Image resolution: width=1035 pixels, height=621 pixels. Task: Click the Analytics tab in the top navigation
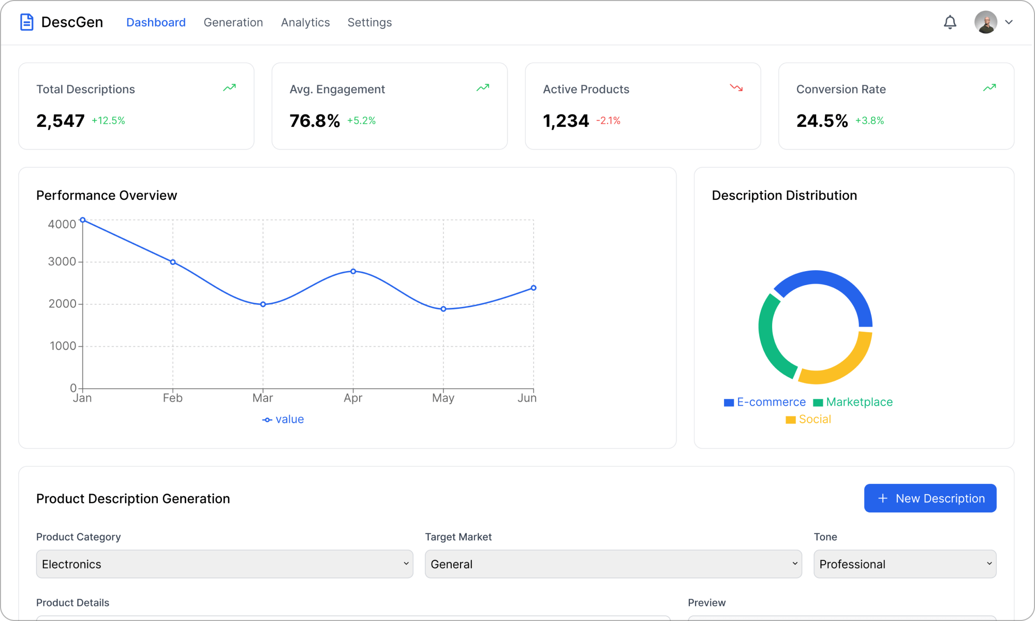[x=305, y=22]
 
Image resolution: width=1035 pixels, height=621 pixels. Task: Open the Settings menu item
[x=369, y=22]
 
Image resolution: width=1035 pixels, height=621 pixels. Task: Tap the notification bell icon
[x=950, y=22]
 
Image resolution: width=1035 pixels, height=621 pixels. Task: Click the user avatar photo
[x=985, y=22]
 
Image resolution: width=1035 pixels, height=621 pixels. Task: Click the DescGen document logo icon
[x=27, y=22]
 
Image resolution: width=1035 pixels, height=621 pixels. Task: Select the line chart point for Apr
[x=353, y=271]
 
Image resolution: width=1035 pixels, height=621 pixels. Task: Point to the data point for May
[x=443, y=309]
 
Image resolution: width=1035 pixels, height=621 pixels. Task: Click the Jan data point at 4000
[x=83, y=220]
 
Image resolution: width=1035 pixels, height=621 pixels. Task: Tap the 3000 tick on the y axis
[x=62, y=262]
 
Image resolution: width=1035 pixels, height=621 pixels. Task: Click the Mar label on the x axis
[x=262, y=398]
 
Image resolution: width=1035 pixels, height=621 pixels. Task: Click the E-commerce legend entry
[x=765, y=402]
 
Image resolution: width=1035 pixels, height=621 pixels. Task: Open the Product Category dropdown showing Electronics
[x=225, y=564]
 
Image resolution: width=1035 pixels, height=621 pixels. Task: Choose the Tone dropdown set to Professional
[x=905, y=564]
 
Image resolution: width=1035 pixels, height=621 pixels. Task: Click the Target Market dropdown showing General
[x=613, y=564]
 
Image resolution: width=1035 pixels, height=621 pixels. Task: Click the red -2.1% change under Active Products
[x=608, y=121]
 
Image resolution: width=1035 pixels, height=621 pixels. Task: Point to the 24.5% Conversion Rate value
[x=822, y=121]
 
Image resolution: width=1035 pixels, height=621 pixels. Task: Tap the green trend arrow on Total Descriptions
[x=229, y=88]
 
